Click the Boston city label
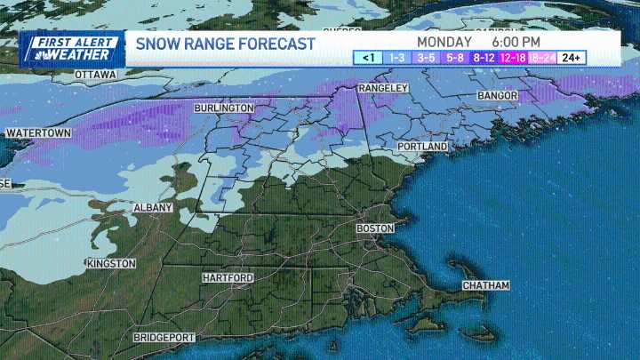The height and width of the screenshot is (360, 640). (374, 228)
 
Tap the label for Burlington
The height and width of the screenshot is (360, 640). (224, 108)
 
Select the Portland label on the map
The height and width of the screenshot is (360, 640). (423, 146)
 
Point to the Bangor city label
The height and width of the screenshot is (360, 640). (497, 94)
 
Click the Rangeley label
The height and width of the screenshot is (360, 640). (382, 89)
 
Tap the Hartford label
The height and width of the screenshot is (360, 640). (228, 278)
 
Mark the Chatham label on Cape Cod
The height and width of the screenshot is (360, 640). (486, 285)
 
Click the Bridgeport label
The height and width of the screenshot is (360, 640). (164, 338)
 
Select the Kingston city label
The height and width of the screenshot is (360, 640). (111, 264)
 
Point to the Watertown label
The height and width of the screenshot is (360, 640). (38, 133)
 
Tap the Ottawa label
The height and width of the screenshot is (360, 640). (95, 76)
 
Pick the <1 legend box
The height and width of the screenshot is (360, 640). (367, 58)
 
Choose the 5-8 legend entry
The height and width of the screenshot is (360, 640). (454, 58)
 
